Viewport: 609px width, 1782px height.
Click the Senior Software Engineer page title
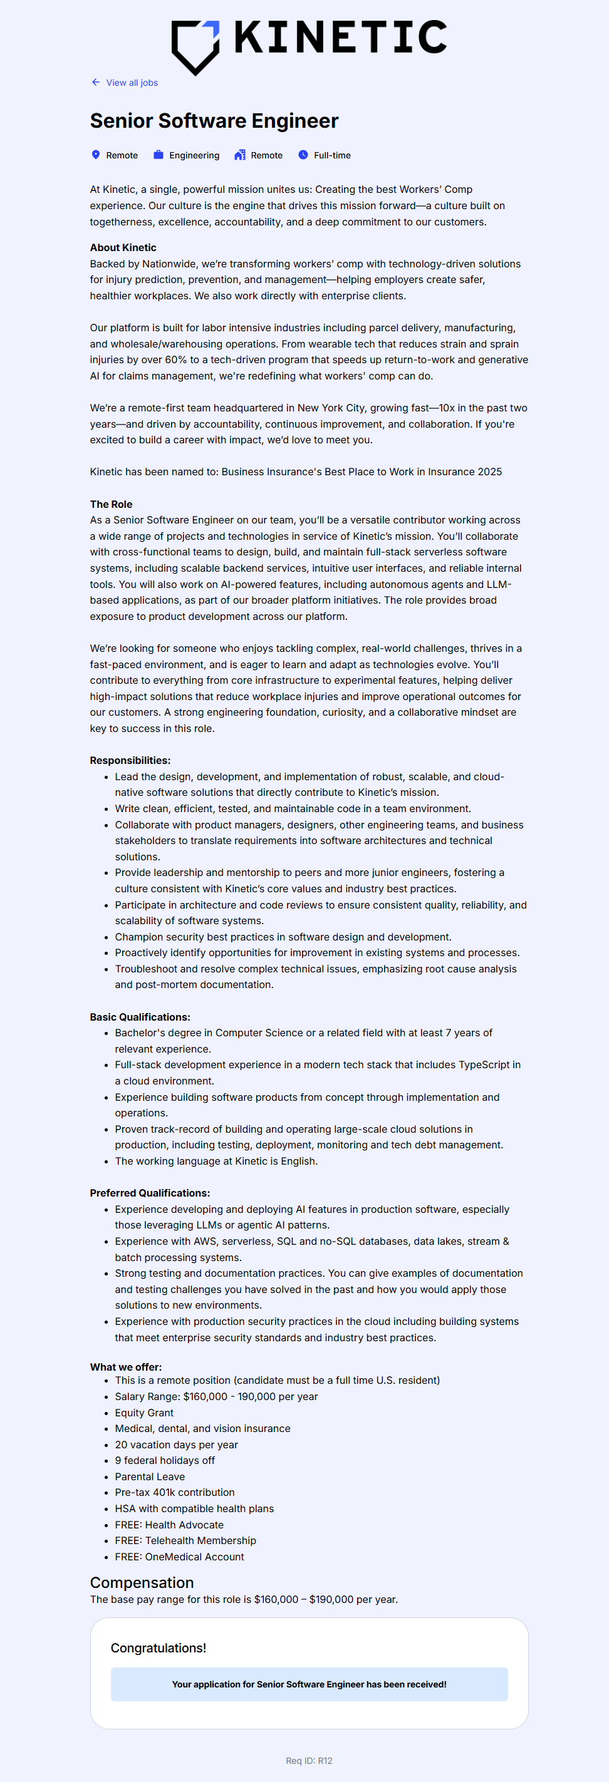[214, 121]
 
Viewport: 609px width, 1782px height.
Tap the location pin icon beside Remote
[95, 155]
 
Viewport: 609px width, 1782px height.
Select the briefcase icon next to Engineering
[159, 155]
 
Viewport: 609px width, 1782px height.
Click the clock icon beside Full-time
[303, 155]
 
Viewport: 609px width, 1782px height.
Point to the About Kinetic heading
[123, 248]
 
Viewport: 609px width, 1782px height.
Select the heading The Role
[111, 504]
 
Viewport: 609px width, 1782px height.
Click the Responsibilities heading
[130, 760]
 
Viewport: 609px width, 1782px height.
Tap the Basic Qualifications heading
[140, 1017]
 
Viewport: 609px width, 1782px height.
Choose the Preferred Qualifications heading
[150, 1193]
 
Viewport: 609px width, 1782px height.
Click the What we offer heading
[125, 1367]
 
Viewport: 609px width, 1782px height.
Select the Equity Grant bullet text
[144, 1413]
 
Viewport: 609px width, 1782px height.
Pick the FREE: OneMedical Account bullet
[179, 1557]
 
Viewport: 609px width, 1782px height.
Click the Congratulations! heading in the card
[159, 1648]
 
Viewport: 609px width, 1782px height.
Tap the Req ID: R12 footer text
[309, 1761]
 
